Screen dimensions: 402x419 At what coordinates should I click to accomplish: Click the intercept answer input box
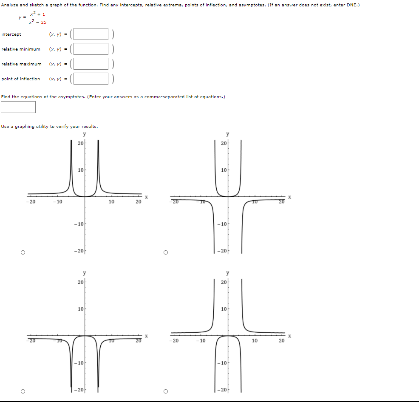[x=91, y=34]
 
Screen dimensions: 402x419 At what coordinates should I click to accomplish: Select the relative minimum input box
[x=91, y=49]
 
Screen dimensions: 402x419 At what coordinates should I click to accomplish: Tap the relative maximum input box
[x=91, y=64]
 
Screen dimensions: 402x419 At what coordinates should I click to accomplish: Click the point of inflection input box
[x=91, y=79]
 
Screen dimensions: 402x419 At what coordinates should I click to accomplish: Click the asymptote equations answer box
[x=18, y=107]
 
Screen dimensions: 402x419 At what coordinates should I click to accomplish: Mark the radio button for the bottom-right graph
[x=166, y=391]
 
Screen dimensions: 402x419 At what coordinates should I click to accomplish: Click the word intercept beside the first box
[x=11, y=34]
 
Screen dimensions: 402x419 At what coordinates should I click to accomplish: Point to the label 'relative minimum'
[x=21, y=49]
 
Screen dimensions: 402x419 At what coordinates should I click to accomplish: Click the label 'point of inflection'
[x=21, y=79]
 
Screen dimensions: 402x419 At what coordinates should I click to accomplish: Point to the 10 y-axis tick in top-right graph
[x=223, y=170]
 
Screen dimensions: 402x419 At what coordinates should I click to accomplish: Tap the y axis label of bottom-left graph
[x=84, y=273]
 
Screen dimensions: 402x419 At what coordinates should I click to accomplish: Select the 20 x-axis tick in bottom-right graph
[x=281, y=341]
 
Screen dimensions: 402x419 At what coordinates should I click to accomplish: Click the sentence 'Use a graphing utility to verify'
[x=49, y=127]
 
